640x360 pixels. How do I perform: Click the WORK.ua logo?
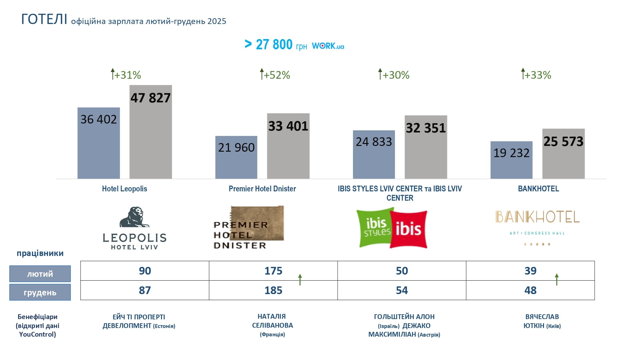point(328,46)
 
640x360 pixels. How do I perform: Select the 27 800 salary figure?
point(274,44)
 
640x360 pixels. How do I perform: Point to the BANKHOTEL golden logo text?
point(538,217)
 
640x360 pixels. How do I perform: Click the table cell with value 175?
point(273,271)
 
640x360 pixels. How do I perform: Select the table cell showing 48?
point(530,290)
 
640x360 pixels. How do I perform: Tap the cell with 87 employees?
point(145,290)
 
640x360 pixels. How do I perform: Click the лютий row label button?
point(40,274)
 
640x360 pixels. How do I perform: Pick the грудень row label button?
point(40,292)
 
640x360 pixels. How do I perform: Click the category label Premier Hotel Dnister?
point(262,189)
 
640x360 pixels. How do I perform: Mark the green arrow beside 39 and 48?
point(557,279)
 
